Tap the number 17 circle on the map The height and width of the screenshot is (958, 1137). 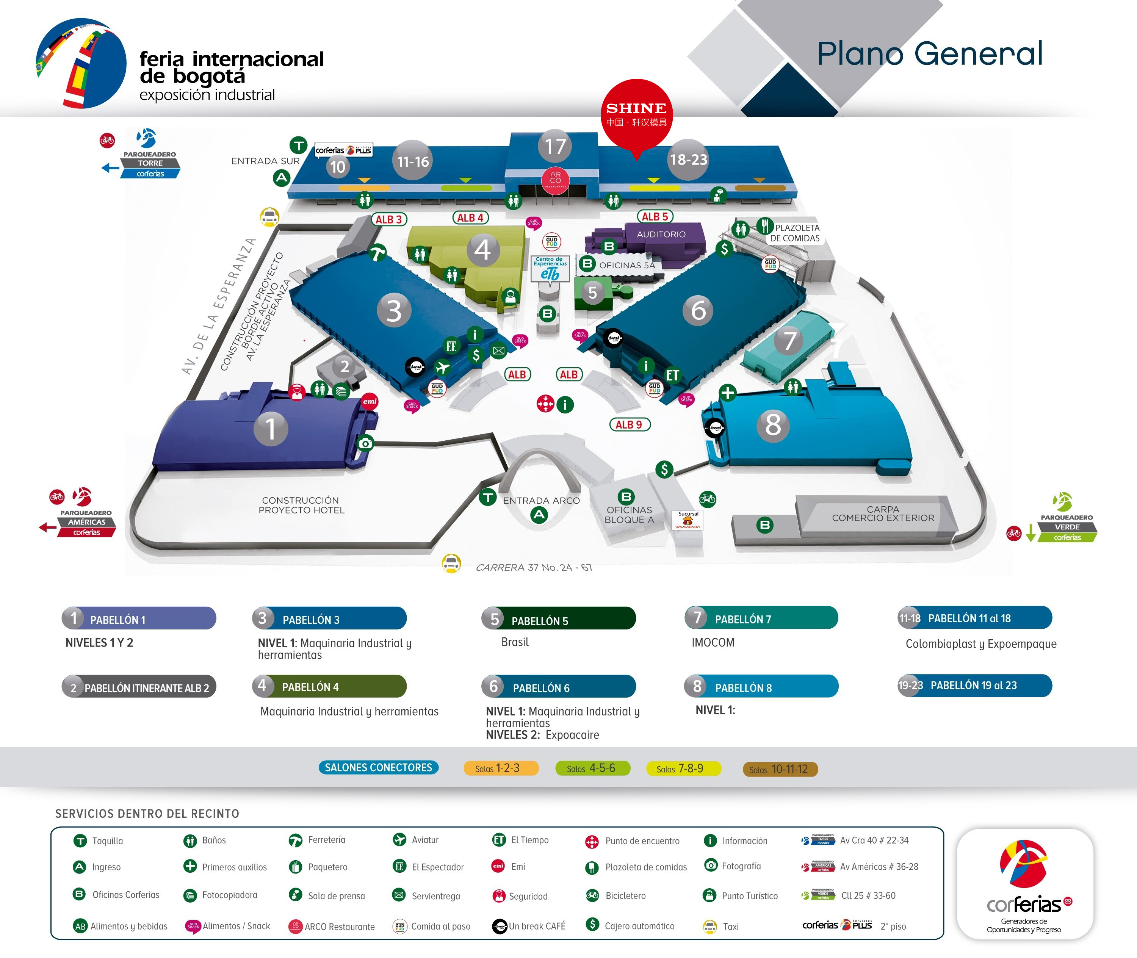pos(555,146)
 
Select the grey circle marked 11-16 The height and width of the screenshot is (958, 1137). pos(413,161)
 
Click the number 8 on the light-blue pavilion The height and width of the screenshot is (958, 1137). pos(772,425)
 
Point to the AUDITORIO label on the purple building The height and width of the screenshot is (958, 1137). pos(661,235)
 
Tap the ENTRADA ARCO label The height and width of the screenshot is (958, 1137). pos(541,501)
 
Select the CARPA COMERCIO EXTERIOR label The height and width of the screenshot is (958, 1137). pos(883,514)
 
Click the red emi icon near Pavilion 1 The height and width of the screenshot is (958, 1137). pos(370,401)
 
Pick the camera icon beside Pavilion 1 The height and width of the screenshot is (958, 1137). pos(366,444)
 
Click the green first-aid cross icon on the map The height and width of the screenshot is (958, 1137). pos(727,393)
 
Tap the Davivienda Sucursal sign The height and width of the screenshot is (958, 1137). pos(688,520)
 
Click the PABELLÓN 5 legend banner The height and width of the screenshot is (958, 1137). pos(558,619)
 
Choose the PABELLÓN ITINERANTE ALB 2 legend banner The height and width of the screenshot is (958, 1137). pos(139,687)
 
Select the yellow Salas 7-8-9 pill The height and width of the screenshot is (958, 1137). pos(683,769)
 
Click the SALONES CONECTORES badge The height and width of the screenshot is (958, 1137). pos(378,767)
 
